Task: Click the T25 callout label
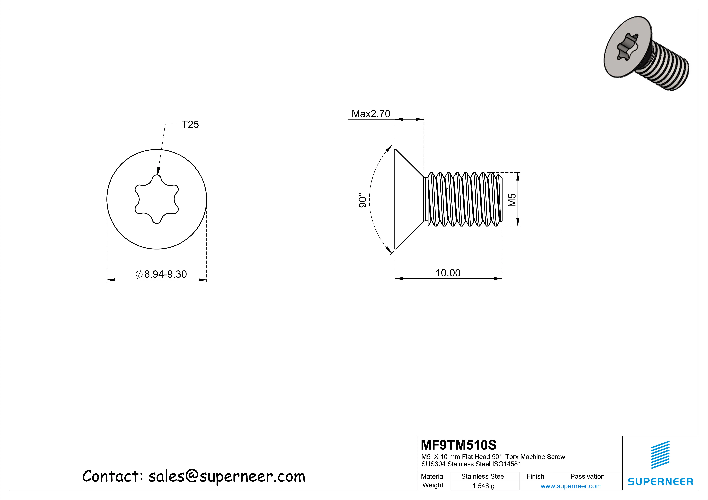(190, 124)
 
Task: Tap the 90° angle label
(363, 200)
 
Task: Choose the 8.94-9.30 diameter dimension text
(165, 274)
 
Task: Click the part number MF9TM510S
(459, 445)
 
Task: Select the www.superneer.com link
(571, 486)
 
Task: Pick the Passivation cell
(587, 476)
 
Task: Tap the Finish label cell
(535, 476)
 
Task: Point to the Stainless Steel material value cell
(483, 476)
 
